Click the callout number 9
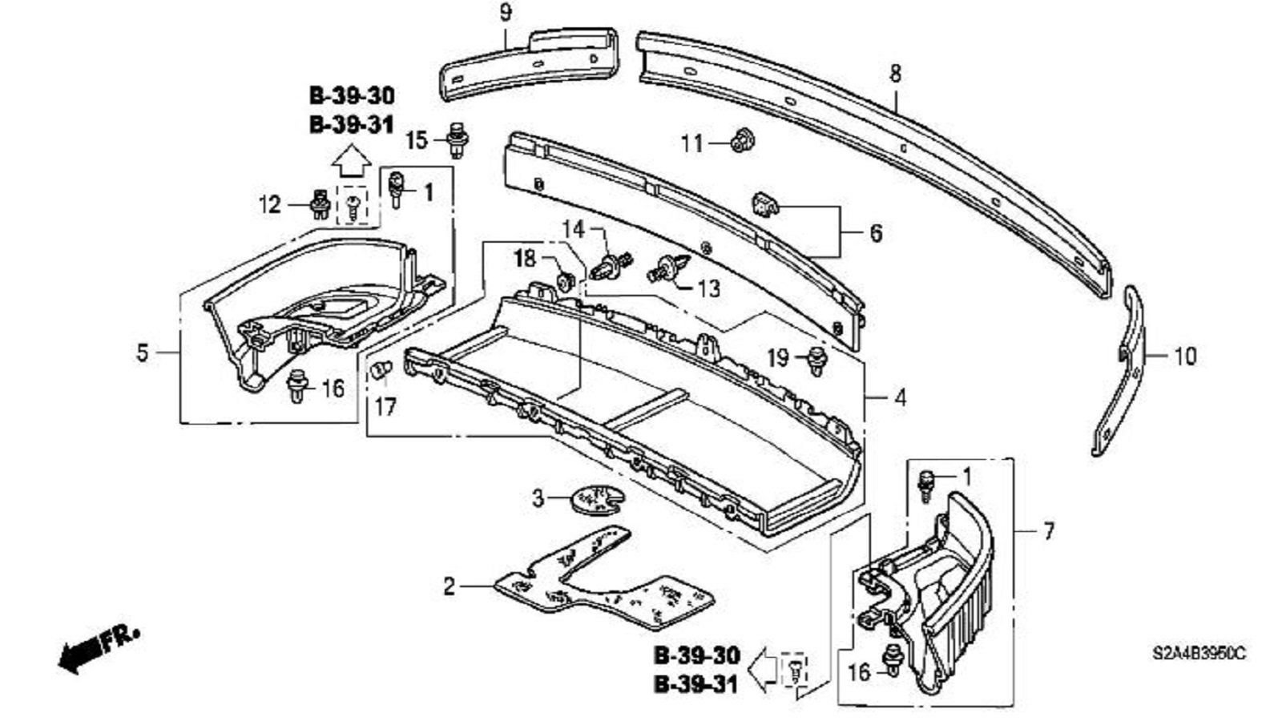pyautogui.click(x=505, y=14)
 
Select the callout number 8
pyautogui.click(x=895, y=74)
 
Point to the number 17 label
pyautogui.click(x=385, y=407)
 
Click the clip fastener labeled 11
pyautogui.click(x=741, y=141)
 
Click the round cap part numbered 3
pyautogui.click(x=595, y=498)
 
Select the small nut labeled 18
pyautogui.click(x=565, y=279)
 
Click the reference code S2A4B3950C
pyautogui.click(x=1199, y=653)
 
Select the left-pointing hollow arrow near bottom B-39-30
pyautogui.click(x=767, y=667)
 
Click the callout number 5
pyautogui.click(x=143, y=352)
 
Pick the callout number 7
pyautogui.click(x=1048, y=530)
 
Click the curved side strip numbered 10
pyautogui.click(x=1122, y=377)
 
